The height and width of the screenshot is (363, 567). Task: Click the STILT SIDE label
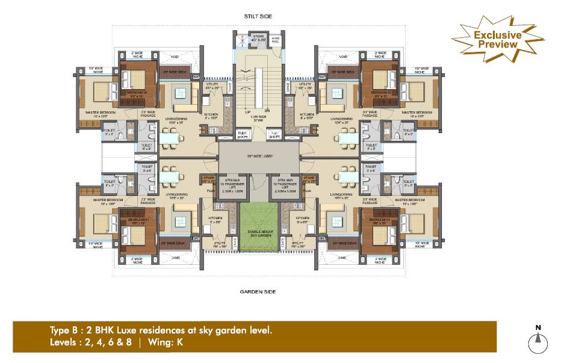tap(258, 17)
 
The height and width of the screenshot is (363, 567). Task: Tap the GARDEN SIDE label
tap(258, 291)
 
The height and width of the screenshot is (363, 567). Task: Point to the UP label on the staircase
tap(247, 112)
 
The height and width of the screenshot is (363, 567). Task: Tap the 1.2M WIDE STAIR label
tap(258, 119)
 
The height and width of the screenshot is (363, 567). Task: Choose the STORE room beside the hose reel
tap(259, 40)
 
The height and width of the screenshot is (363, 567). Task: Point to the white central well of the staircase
tap(258, 84)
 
